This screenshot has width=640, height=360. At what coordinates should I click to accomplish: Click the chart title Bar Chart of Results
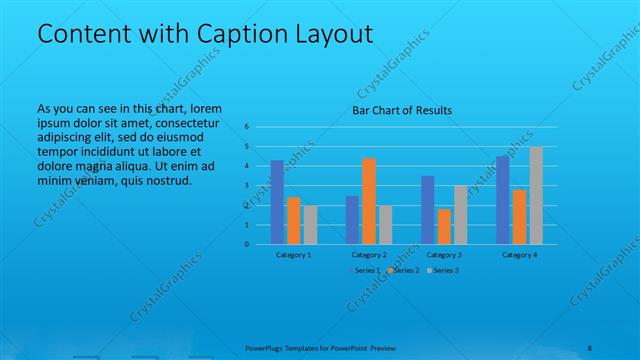[x=402, y=110]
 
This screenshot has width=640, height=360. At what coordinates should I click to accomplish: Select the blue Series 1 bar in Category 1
[x=277, y=202]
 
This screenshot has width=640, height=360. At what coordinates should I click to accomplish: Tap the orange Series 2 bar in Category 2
[x=369, y=201]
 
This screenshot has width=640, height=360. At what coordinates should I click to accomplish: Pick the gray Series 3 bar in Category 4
[x=536, y=195]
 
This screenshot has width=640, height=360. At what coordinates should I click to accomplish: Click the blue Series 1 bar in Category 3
[x=427, y=210]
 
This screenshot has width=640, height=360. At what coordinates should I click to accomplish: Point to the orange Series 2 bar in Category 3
[x=444, y=226]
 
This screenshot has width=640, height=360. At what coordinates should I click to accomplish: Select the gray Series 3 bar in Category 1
[x=310, y=225]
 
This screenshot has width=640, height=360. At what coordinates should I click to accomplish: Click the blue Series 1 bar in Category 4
[x=503, y=200]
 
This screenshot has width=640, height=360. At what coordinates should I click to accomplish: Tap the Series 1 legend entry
[x=364, y=271]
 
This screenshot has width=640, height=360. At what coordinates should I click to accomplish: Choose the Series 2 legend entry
[x=403, y=271]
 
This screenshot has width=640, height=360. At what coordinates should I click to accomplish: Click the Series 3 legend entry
[x=442, y=271]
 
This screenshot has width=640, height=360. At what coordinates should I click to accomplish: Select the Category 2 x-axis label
[x=369, y=255]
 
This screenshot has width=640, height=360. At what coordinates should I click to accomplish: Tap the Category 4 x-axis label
[x=519, y=255]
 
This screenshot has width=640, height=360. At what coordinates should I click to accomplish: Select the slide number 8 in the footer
[x=590, y=347]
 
